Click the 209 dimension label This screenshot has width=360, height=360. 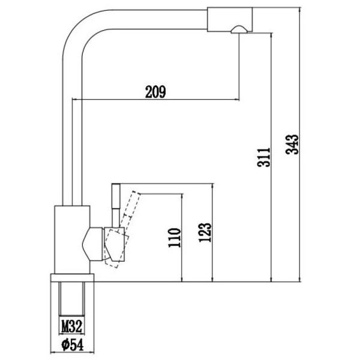pyautogui.click(x=155, y=92)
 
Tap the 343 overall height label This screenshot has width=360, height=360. pyautogui.click(x=292, y=145)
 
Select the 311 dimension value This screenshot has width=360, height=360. pyautogui.click(x=264, y=157)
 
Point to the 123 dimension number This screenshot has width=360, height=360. pyautogui.click(x=205, y=232)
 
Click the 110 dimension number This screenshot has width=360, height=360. pyautogui.click(x=175, y=238)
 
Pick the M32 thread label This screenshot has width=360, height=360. pyautogui.click(x=71, y=326)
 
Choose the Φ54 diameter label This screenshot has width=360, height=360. pyautogui.click(x=73, y=345)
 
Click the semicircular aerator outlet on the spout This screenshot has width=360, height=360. pyautogui.click(x=239, y=29)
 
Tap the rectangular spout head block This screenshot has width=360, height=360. pyautogui.click(x=230, y=20)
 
